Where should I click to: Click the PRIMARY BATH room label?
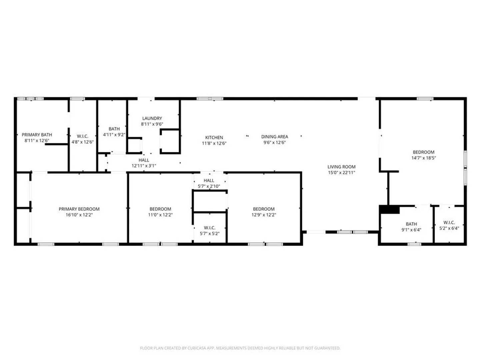point(37,135)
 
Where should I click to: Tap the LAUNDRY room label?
point(152,118)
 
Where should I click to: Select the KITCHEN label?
point(214,137)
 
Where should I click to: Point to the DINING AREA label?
point(274,137)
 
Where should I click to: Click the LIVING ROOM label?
point(341,167)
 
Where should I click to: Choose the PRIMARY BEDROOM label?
point(79,209)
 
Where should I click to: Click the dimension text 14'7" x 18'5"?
point(423,158)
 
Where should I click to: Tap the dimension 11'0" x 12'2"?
point(160,215)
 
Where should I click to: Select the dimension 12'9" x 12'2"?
point(264,215)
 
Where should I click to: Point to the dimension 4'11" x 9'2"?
point(114,134)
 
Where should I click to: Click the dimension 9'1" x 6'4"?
point(411,230)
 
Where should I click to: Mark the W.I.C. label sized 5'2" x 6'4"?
point(449,223)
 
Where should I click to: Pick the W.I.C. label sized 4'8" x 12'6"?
point(82,136)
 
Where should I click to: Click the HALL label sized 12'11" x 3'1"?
point(144,160)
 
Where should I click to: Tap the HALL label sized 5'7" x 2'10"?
point(209,180)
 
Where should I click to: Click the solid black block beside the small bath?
point(389,209)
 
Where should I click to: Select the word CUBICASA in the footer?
point(197,348)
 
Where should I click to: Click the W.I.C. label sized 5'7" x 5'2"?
point(209,228)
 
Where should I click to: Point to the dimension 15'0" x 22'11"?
point(341,172)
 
